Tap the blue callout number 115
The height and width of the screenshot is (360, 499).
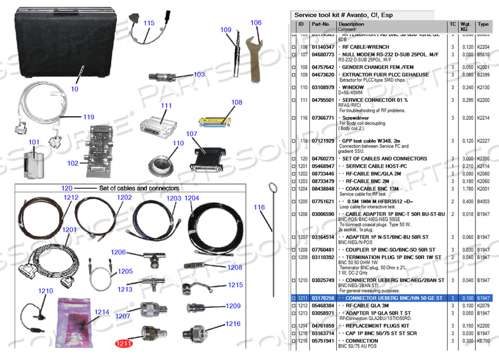point(149,23)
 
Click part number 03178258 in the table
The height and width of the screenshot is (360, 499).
point(323,298)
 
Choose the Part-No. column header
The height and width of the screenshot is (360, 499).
point(321,24)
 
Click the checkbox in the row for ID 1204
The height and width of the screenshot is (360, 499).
point(294,188)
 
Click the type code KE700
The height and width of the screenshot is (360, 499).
point(483,341)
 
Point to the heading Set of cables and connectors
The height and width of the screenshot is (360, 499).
point(139,188)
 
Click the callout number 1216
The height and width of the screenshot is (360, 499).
point(233,324)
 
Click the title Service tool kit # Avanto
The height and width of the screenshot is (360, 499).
point(344,15)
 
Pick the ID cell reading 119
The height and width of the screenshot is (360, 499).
point(304,141)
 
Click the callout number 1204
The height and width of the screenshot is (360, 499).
point(192,198)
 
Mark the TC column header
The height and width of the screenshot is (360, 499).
point(452,24)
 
